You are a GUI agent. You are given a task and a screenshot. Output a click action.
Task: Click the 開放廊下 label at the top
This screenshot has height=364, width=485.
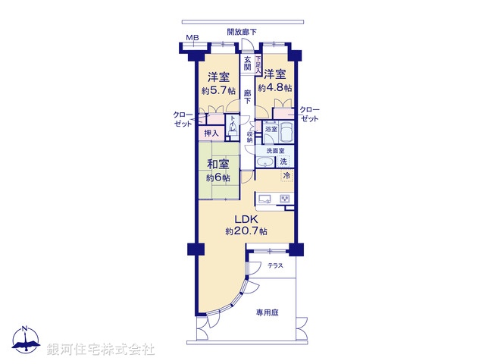(242, 31)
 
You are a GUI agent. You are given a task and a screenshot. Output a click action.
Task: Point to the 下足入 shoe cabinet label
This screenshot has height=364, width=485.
(258, 65)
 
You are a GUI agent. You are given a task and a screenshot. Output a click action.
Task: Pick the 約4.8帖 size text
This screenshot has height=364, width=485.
(275, 88)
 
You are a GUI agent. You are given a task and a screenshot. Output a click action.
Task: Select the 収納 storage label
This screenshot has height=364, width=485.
(249, 136)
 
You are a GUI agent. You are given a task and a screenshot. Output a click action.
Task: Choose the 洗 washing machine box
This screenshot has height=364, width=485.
(283, 162)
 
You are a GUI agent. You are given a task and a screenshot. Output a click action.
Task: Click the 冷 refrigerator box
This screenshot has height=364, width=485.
(286, 176)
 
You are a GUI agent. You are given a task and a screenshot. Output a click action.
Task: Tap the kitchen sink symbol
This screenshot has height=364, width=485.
(265, 199)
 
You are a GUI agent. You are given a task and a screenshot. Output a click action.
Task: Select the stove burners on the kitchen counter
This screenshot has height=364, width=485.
(285, 199)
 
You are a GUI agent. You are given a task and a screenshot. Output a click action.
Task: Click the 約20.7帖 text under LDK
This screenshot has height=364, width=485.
(246, 231)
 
